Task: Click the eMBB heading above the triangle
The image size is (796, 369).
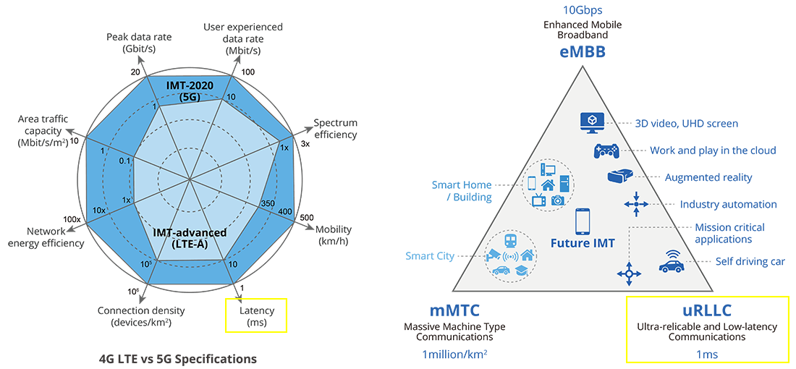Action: click(582, 53)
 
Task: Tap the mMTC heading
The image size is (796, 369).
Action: click(454, 311)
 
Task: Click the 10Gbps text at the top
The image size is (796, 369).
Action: click(582, 10)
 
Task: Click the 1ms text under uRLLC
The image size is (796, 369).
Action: click(707, 355)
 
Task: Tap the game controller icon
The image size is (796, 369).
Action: click(606, 151)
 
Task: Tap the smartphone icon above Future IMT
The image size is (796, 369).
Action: click(583, 221)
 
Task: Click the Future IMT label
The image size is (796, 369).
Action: click(582, 243)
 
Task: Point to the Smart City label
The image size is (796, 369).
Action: click(430, 256)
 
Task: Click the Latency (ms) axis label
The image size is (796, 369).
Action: click(257, 316)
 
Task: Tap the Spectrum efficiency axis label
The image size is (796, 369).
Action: click(335, 129)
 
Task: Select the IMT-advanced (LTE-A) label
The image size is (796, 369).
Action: click(190, 238)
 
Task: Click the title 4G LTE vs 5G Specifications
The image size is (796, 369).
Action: click(178, 358)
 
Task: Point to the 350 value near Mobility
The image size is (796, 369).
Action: click(268, 205)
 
